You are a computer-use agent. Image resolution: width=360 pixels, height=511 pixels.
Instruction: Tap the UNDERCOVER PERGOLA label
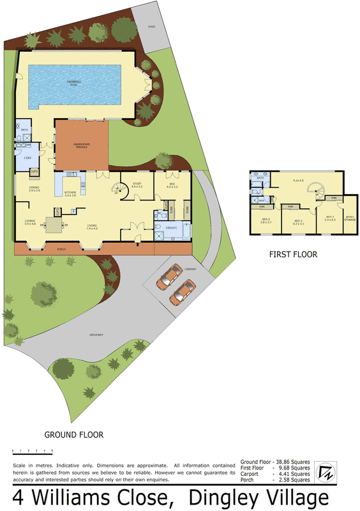tap(80, 146)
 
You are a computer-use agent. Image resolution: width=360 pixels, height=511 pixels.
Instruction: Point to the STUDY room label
tap(137, 185)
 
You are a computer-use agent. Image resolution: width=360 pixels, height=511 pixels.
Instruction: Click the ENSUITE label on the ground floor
tap(171, 227)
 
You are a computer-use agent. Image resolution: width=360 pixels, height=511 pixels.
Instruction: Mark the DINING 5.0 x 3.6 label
tap(34, 189)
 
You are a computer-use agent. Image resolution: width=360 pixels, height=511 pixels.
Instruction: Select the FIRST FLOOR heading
tap(293, 254)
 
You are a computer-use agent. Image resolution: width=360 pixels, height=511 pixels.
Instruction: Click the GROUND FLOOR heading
tap(73, 435)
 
